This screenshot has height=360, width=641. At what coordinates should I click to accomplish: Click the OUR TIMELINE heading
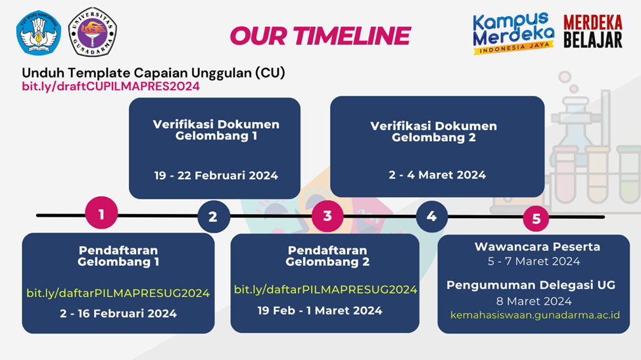point(321,35)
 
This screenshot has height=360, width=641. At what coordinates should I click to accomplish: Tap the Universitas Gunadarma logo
point(93,32)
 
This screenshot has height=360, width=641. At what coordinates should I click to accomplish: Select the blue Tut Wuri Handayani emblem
point(38,32)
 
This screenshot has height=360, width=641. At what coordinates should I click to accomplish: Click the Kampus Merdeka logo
point(513,33)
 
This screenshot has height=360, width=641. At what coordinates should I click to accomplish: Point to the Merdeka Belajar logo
point(593,32)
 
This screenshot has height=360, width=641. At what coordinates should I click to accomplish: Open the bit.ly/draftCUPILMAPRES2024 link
point(111,86)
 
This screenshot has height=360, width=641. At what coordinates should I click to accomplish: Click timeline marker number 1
point(101,213)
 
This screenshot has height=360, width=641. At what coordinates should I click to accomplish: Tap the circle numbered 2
point(214,217)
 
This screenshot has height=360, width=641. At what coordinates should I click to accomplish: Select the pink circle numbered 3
point(327,215)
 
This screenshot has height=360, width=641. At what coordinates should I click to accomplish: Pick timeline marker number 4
point(432,217)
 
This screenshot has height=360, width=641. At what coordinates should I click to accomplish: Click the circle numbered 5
point(536,219)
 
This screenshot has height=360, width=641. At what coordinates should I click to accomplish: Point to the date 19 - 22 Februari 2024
point(216,175)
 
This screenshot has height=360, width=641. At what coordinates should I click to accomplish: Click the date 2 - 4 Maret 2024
point(437,175)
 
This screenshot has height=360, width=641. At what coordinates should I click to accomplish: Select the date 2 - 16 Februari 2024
point(118,313)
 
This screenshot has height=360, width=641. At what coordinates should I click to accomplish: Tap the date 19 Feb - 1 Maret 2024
point(320,311)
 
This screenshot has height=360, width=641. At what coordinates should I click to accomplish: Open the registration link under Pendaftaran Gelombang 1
point(118,293)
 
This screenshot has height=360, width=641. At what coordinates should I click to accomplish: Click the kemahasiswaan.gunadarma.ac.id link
point(535,315)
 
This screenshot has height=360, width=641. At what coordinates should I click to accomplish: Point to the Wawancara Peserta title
point(537,247)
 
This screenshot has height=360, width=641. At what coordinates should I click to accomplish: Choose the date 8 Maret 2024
point(534,301)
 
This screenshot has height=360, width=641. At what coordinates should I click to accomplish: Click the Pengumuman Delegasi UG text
point(531,285)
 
